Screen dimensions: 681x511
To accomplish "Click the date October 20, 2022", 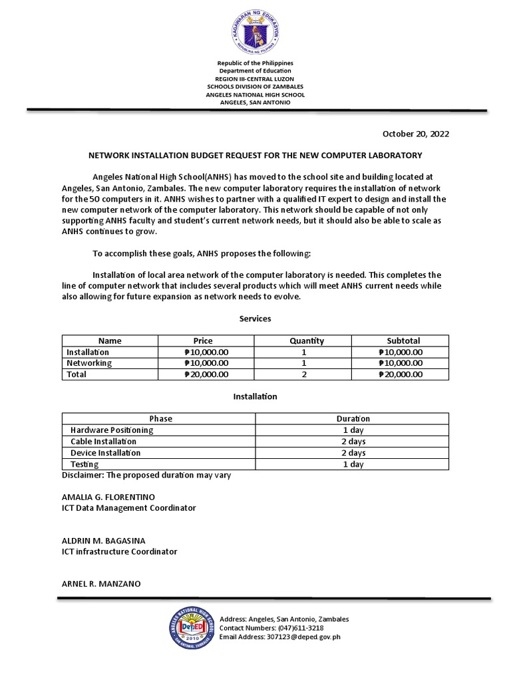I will [x=415, y=134].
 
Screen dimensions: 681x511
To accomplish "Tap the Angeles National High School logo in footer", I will [x=193, y=628].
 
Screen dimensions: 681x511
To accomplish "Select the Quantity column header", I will [x=307, y=340].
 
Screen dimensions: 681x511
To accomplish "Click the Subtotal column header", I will [x=403, y=340].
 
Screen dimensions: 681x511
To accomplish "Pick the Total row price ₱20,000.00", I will [x=206, y=374].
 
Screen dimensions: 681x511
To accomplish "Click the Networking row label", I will [x=89, y=363].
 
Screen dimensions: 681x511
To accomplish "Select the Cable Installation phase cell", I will [x=103, y=442].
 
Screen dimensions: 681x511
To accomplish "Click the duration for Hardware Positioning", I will [x=353, y=430].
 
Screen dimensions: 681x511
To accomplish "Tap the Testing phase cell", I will [x=85, y=464].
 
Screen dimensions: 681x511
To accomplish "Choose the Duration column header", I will [x=353, y=419].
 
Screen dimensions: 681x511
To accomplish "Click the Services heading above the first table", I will [x=255, y=319].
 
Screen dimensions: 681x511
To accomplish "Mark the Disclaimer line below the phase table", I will [x=146, y=476].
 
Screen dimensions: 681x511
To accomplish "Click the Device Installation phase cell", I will [x=105, y=453].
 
